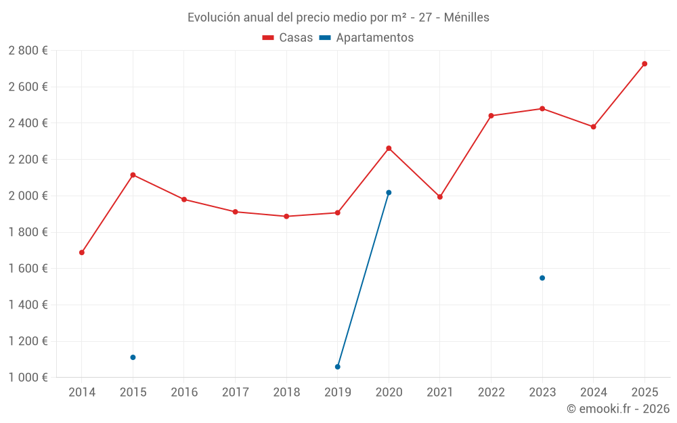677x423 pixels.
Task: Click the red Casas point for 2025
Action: (645, 64)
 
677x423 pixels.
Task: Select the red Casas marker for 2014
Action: (82, 252)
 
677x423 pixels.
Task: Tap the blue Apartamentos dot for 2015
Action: (133, 357)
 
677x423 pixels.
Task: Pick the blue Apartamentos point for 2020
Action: (389, 193)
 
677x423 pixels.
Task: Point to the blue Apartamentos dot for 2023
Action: (542, 278)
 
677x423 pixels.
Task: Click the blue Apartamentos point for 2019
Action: (338, 367)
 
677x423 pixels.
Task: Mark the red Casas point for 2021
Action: (440, 197)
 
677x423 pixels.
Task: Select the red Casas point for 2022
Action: (491, 116)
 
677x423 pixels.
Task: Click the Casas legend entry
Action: (288, 38)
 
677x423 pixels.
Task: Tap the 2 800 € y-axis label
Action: (28, 51)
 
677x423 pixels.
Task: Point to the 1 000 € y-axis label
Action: (28, 378)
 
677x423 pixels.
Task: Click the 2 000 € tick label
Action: (28, 196)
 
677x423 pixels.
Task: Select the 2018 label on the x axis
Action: (286, 393)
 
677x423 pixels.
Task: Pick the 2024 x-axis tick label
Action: (594, 393)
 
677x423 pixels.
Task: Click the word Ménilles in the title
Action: (466, 18)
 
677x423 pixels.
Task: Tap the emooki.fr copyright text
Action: (618, 409)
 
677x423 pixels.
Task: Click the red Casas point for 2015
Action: (133, 175)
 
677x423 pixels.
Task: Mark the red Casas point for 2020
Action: (389, 148)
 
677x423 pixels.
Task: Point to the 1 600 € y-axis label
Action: (28, 269)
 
